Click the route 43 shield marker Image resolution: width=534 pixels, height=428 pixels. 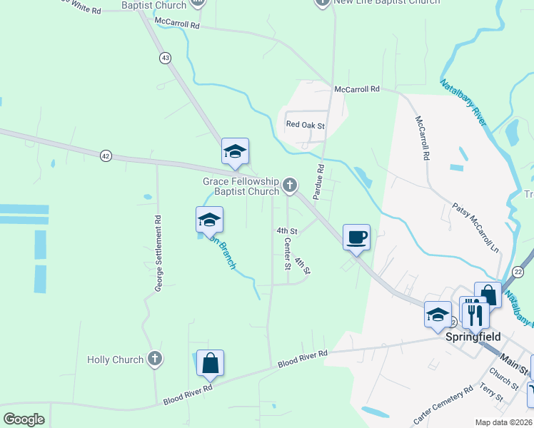(x=166, y=58)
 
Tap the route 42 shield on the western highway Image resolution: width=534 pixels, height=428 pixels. (x=106, y=156)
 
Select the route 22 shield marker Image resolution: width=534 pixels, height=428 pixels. (x=518, y=271)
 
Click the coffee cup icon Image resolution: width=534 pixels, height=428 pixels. (x=356, y=237)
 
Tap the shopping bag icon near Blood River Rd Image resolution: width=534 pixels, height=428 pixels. (x=211, y=363)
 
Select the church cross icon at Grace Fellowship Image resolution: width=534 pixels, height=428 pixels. (x=289, y=185)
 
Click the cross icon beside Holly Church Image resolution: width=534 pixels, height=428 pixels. (x=153, y=360)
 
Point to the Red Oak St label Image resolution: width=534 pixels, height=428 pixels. (x=306, y=126)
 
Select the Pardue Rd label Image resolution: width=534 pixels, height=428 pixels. (x=319, y=182)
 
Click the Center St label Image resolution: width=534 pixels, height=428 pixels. (x=288, y=254)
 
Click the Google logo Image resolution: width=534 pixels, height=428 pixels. (x=24, y=419)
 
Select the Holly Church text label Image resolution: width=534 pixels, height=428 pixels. (x=115, y=360)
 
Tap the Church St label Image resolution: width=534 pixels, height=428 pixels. (x=504, y=375)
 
